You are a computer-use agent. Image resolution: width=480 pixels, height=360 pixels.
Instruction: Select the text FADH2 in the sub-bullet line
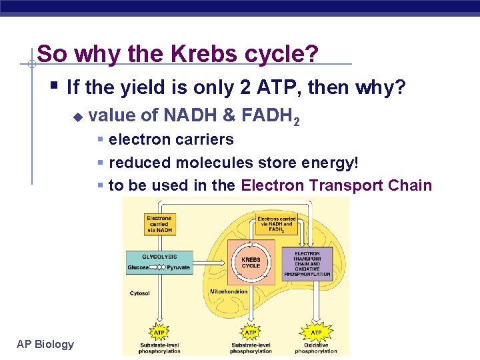pos(270,116)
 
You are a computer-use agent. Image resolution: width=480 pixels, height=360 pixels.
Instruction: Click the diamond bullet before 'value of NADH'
pos(77,117)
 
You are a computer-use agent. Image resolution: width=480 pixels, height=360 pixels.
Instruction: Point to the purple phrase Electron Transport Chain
pos(336,185)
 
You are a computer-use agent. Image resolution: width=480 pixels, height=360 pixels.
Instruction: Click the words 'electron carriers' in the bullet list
pos(171,139)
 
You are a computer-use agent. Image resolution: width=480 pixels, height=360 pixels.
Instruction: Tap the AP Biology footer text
pos(45,344)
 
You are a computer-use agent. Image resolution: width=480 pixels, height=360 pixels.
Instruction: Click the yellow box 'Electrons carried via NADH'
pos(159,224)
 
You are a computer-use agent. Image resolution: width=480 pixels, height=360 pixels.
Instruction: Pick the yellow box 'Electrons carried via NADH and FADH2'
pos(277,224)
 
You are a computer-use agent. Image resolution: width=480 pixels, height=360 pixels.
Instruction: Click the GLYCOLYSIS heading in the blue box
pos(159,256)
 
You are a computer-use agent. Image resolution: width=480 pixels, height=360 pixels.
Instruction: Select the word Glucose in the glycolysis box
pos(139,267)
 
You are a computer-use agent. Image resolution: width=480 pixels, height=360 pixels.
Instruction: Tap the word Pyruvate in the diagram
pos(178,267)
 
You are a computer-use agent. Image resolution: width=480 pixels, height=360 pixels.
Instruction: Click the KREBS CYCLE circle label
pos(251,262)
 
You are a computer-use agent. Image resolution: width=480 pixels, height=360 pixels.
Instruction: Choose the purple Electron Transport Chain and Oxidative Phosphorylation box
pos(307,264)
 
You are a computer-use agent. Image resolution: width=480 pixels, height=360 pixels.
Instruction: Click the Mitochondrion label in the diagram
pos(229,291)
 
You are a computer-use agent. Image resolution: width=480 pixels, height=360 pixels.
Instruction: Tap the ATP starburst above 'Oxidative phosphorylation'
pos(316,332)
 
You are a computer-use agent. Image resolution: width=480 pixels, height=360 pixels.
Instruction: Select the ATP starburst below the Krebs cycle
pos(251,332)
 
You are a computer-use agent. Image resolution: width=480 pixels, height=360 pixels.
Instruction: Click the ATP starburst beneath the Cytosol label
pos(159,332)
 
